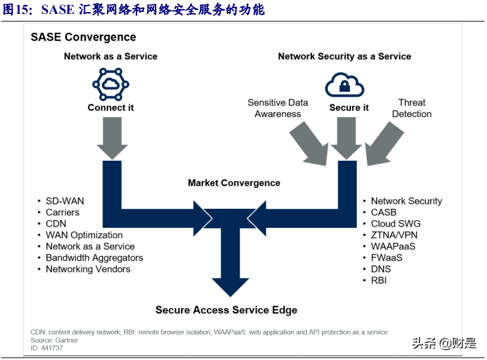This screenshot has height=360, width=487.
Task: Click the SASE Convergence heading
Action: (x=83, y=37)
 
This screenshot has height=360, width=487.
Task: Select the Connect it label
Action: (x=111, y=108)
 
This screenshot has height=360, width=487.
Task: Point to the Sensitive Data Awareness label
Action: (x=278, y=108)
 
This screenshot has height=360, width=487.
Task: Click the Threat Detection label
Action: (x=412, y=108)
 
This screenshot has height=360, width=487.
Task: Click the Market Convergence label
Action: (x=234, y=183)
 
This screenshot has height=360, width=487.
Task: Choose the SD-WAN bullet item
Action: (x=65, y=201)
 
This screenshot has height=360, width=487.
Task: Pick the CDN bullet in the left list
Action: (x=56, y=223)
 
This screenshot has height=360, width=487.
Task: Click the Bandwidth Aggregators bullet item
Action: (x=94, y=258)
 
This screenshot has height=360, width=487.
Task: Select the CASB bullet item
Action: (x=383, y=212)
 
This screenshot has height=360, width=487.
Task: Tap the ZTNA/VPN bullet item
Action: (x=393, y=235)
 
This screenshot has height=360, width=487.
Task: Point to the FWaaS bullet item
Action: (x=386, y=258)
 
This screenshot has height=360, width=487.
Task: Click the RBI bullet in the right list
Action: (x=379, y=280)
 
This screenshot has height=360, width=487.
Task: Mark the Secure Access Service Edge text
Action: (x=226, y=310)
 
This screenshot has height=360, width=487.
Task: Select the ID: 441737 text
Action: (x=47, y=348)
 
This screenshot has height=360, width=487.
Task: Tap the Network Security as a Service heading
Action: (x=344, y=56)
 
